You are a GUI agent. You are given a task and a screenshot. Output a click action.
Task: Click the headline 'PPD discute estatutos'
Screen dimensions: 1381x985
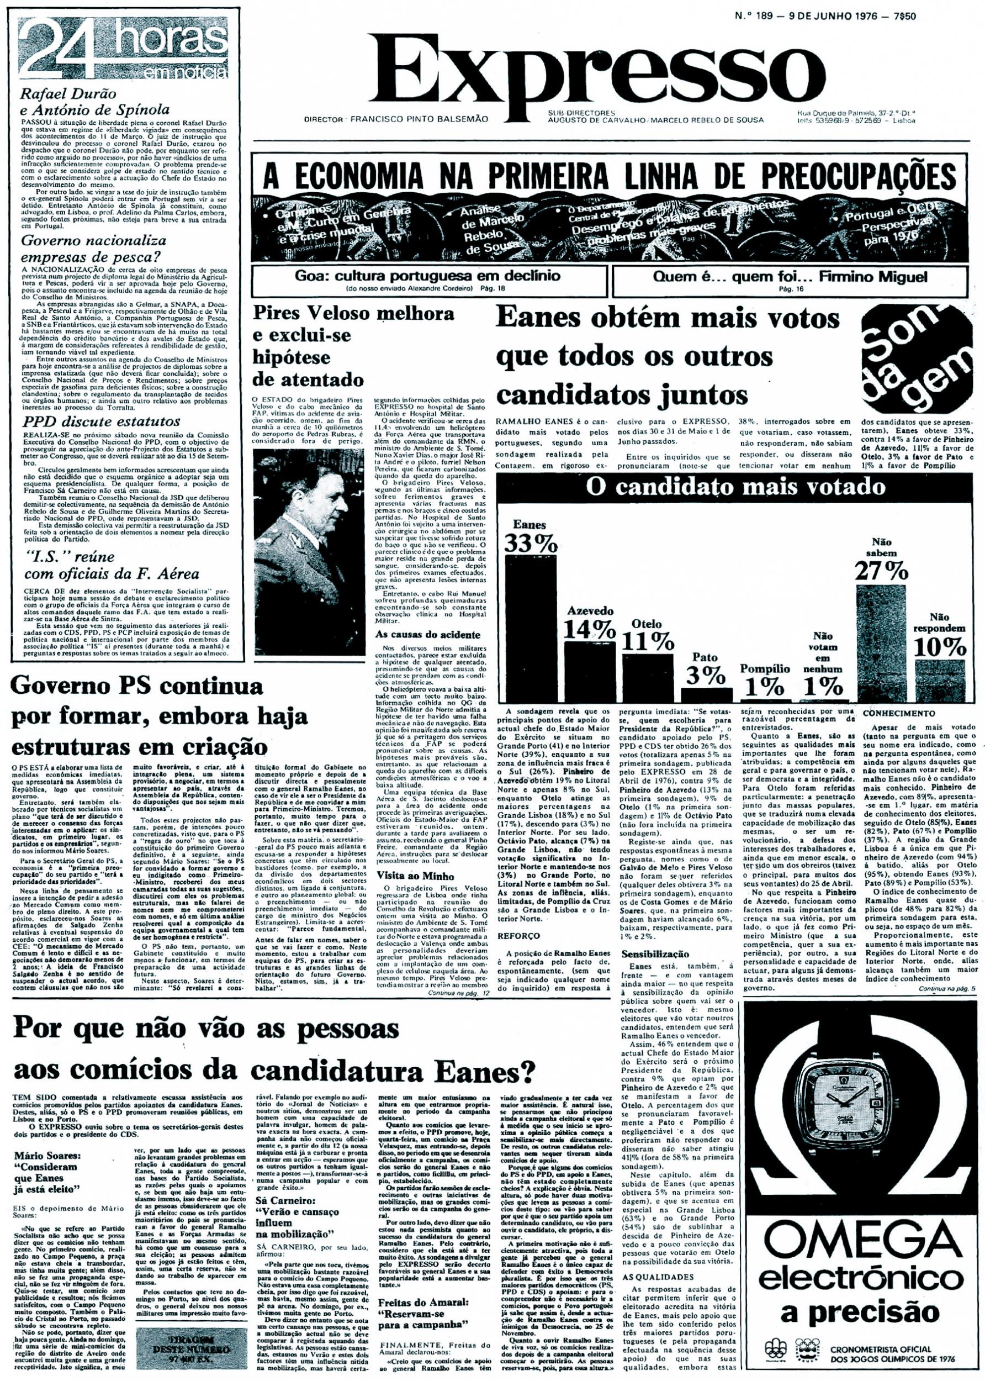100,421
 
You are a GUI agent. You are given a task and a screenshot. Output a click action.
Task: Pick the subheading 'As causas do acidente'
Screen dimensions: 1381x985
420,635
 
